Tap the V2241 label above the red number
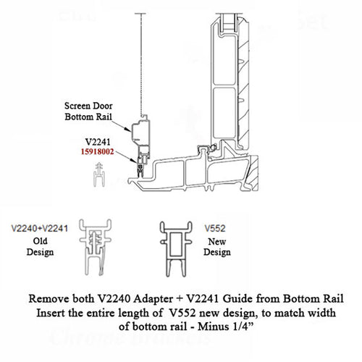point(98,143)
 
